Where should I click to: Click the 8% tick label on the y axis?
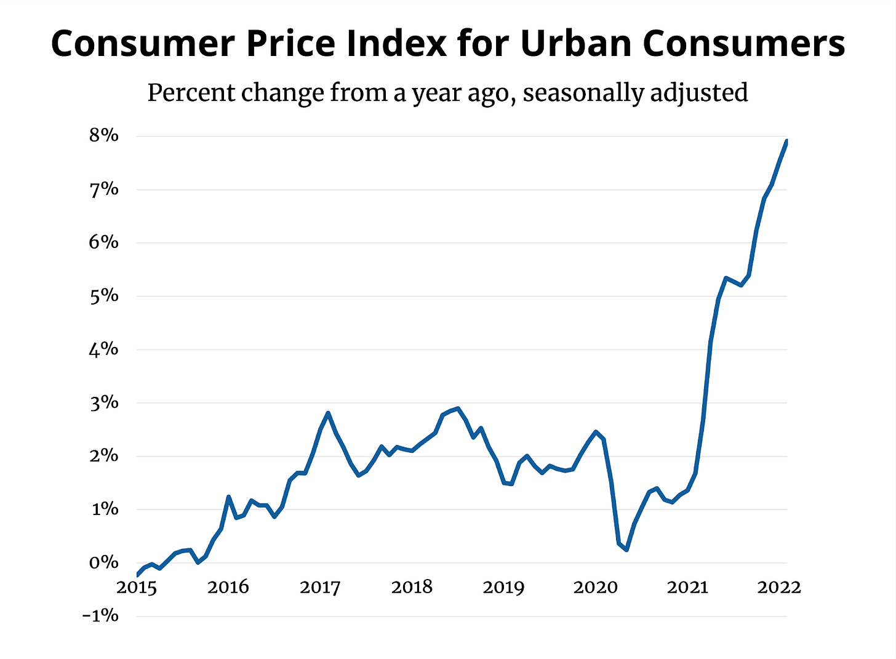[103, 135]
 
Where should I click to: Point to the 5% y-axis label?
[103, 296]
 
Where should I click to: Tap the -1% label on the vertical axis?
[100, 615]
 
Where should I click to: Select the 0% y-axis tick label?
[103, 562]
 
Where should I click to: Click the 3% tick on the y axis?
[103, 403]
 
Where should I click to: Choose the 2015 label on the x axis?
[137, 588]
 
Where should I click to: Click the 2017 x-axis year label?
[320, 588]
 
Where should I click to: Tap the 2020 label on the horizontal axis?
[595, 588]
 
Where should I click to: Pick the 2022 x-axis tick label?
[779, 588]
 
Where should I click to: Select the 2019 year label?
[503, 588]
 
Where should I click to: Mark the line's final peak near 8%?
[786, 142]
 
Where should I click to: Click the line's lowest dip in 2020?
[626, 549]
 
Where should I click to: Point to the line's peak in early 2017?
[328, 413]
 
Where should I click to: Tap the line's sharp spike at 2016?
[228, 497]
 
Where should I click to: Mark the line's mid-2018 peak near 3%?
[457, 408]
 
